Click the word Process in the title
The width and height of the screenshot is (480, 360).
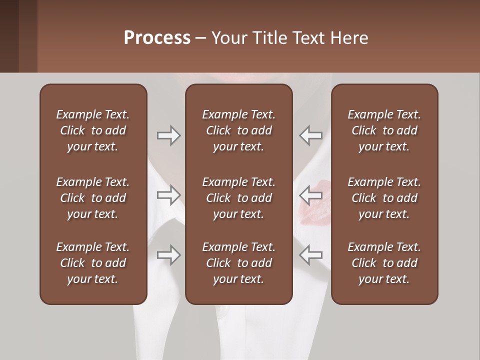point(157,38)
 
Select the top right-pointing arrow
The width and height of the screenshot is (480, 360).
point(168,135)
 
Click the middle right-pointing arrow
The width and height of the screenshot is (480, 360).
point(168,195)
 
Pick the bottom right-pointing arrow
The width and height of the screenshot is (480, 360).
point(168,255)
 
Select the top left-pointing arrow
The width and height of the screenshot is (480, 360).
point(310,135)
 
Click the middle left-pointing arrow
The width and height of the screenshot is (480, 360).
point(310,195)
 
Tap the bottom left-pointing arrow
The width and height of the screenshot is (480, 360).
point(310,255)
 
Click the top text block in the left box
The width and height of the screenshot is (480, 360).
point(93,130)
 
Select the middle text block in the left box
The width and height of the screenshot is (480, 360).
point(93,198)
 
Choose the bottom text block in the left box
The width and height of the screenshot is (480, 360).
point(93,263)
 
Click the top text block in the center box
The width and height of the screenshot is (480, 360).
point(239,130)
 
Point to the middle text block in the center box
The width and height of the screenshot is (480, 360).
point(239,198)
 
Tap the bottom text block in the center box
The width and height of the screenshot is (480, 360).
point(239,263)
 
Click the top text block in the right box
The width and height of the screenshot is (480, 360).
point(384,130)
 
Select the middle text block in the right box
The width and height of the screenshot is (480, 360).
point(384,198)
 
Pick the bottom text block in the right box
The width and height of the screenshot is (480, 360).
point(384,263)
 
